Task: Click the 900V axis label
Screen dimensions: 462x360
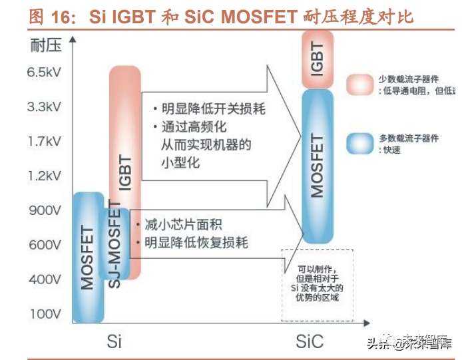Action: pos(44,210)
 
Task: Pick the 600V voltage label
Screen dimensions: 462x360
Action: pos(44,245)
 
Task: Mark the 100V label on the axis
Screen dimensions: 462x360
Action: pos(44,313)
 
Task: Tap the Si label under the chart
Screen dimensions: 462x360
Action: pos(114,341)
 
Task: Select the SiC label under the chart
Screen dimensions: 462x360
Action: pos(309,341)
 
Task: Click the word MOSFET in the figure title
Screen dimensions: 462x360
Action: pos(254,17)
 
